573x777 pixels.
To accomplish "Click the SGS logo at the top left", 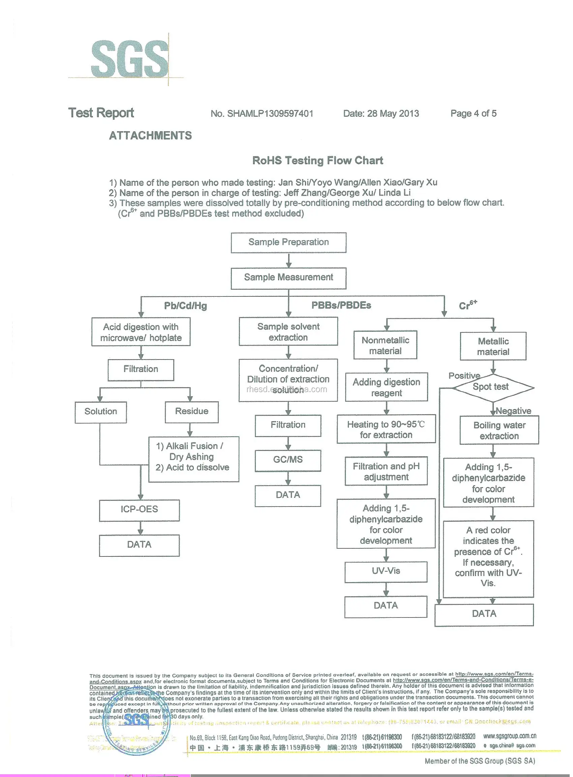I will tap(129, 59).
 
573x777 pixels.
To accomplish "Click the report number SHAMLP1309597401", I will tap(270, 113).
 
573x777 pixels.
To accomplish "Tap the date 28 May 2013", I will tap(393, 113).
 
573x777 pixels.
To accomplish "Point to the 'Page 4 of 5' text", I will tap(473, 113).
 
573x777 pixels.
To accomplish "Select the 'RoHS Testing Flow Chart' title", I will tap(318, 160).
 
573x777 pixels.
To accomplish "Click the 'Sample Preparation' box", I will tap(288, 242).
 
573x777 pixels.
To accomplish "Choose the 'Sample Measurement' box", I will tap(288, 278).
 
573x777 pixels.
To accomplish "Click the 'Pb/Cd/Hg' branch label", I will tap(185, 306).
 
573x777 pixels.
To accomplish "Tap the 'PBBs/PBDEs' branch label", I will tap(341, 306).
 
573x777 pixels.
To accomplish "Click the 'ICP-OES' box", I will tap(139, 510).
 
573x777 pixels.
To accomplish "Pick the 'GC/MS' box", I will tap(288, 460).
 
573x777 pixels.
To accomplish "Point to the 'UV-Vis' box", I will tap(386, 571).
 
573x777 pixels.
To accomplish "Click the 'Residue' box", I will tap(191, 411).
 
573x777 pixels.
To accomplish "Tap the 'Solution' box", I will tap(100, 411).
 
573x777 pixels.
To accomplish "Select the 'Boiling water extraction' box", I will tap(499, 430).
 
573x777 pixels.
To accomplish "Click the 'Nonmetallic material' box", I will tap(385, 345).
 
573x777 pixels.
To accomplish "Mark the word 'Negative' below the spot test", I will tap(513, 411).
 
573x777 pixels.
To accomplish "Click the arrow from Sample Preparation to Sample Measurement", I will tap(289, 260).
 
